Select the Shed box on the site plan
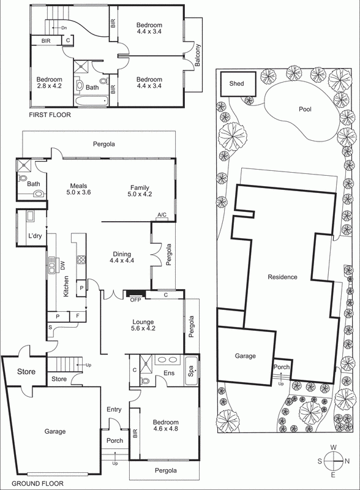(x=236, y=83)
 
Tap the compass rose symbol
(x=336, y=461)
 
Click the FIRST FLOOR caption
(x=50, y=115)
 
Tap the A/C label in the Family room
(x=162, y=214)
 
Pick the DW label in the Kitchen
(x=62, y=266)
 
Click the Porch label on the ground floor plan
(x=114, y=440)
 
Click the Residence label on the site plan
(x=282, y=277)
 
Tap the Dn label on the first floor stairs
(x=64, y=28)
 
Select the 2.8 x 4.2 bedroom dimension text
(x=49, y=88)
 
